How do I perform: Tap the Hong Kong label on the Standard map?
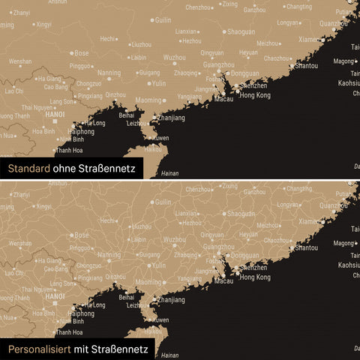(255, 96)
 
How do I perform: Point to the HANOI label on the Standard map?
(55, 115)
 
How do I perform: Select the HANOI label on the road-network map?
(55, 296)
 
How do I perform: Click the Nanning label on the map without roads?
(109, 73)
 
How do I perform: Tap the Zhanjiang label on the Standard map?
(172, 118)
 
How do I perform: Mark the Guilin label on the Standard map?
(163, 20)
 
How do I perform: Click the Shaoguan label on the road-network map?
(241, 213)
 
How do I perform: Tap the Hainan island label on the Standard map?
(169, 173)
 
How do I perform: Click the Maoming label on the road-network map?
(148, 281)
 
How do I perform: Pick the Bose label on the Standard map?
(81, 53)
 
